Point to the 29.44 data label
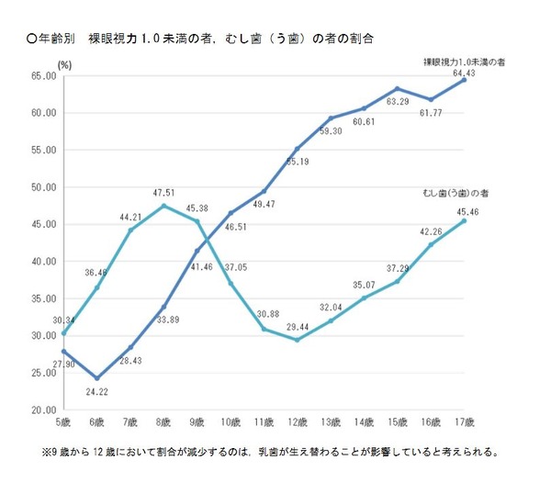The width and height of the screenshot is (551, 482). click(298, 353)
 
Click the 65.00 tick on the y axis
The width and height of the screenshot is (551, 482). click(44, 76)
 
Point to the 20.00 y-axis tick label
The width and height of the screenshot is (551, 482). click(44, 409)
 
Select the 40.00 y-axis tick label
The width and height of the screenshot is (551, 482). click(44, 262)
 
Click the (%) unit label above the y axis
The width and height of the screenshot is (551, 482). click(64, 64)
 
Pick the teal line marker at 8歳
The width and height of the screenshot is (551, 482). click(163, 206)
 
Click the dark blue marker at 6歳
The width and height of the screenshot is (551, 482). click(97, 378)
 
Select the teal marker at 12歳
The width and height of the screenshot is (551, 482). click(298, 340)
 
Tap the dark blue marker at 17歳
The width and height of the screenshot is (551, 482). click(464, 80)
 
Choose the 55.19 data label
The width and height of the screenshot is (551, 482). click(299, 162)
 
